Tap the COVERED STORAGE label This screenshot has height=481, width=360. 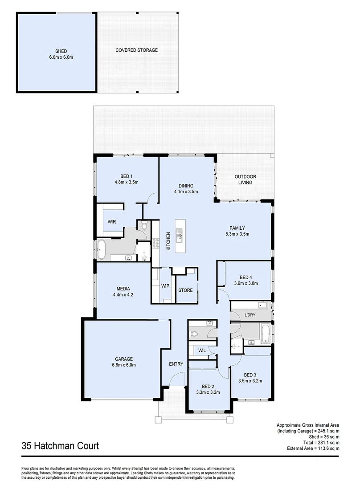coord(136,50)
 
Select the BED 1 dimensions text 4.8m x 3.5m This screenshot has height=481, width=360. coord(127,182)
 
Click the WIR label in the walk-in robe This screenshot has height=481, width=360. coord(112,221)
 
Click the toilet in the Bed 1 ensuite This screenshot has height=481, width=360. coord(143,226)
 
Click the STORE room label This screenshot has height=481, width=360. coord(185,290)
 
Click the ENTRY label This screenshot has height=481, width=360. coord(176,364)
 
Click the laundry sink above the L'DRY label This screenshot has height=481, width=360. coord(262,305)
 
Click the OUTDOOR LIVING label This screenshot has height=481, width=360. coord(245,179)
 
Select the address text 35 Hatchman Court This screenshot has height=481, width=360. coord(60,445)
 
